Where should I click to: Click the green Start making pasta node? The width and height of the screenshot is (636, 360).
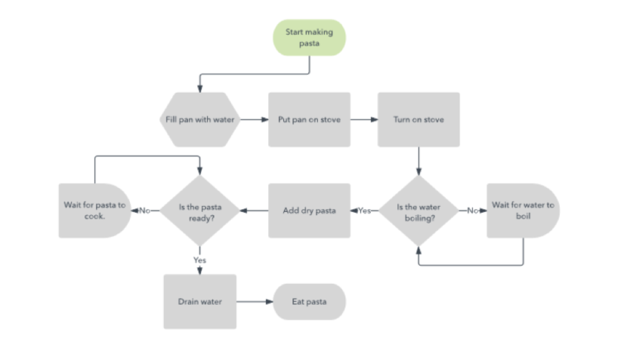click(x=309, y=37)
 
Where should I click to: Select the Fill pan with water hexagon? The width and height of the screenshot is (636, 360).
click(x=199, y=119)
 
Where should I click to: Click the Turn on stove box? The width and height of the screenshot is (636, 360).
click(x=418, y=119)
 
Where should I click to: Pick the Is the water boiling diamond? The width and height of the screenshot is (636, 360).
click(x=418, y=210)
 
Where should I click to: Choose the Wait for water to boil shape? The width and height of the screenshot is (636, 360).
click(x=522, y=210)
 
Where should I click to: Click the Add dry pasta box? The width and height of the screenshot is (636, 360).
click(x=309, y=210)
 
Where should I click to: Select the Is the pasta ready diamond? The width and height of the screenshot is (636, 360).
click(x=199, y=210)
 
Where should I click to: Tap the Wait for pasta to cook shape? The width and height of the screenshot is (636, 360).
click(x=94, y=210)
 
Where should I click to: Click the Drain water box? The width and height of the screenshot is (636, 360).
click(x=199, y=301)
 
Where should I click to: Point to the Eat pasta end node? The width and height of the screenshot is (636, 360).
click(x=309, y=301)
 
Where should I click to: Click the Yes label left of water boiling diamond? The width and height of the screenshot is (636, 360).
click(x=364, y=210)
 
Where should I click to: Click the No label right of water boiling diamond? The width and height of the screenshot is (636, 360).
click(x=473, y=210)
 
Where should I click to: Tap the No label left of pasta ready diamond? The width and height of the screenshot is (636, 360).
click(x=144, y=210)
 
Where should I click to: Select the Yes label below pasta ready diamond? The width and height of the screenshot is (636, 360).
click(x=200, y=259)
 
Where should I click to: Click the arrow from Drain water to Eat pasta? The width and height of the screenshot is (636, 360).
click(x=254, y=301)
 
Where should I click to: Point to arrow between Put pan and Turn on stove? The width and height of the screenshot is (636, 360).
click(x=364, y=119)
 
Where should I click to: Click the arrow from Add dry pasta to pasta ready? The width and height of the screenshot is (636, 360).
click(x=254, y=210)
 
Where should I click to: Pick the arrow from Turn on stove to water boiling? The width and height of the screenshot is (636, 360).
click(x=418, y=161)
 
